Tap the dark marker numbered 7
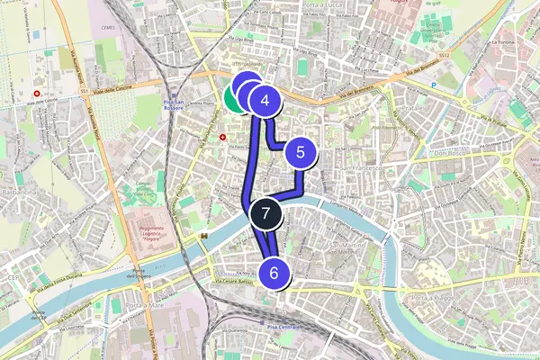coord(265,213)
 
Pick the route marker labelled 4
coord(265,102)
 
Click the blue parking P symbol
coord(433,87)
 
